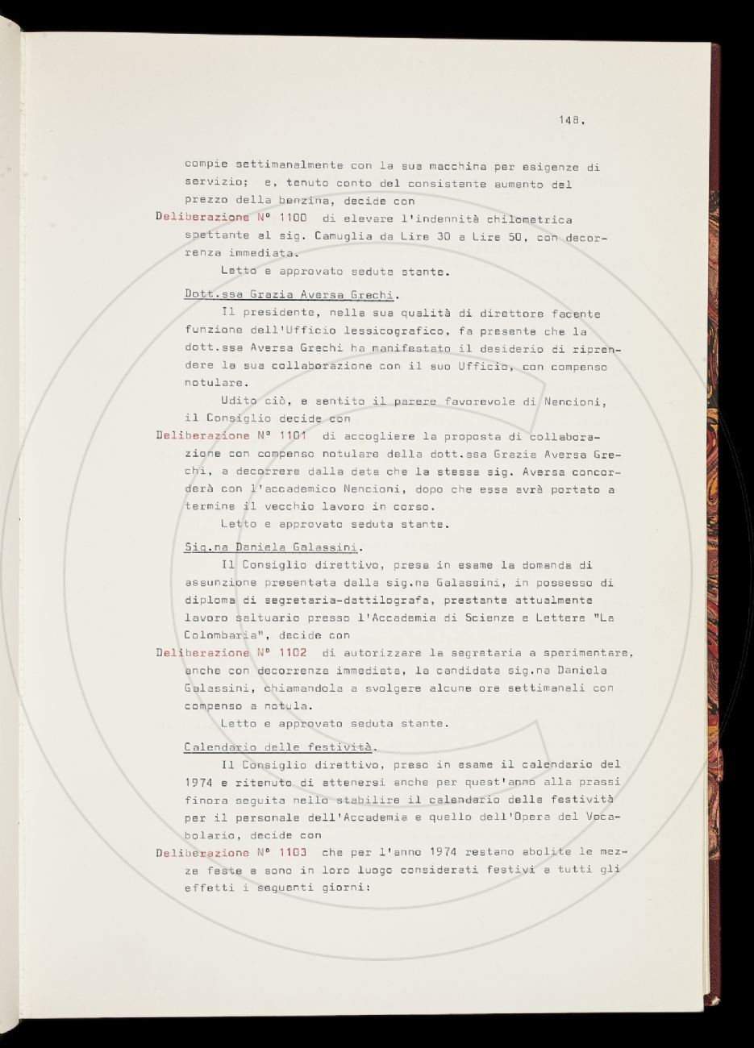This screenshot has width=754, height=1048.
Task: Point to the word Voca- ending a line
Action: [x=600, y=817]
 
